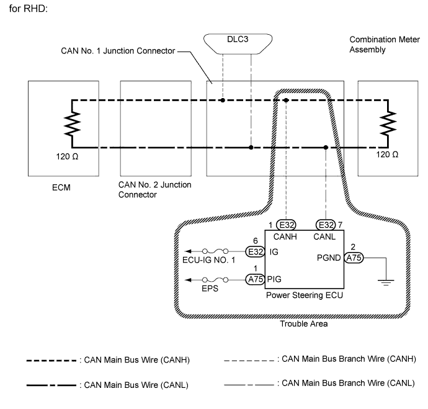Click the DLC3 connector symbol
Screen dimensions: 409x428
click(236, 42)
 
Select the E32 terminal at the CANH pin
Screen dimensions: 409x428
click(286, 225)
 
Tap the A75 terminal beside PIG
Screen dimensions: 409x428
click(255, 280)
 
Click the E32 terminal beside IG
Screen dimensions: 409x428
click(255, 251)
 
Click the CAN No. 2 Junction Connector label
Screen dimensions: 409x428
click(154, 189)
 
